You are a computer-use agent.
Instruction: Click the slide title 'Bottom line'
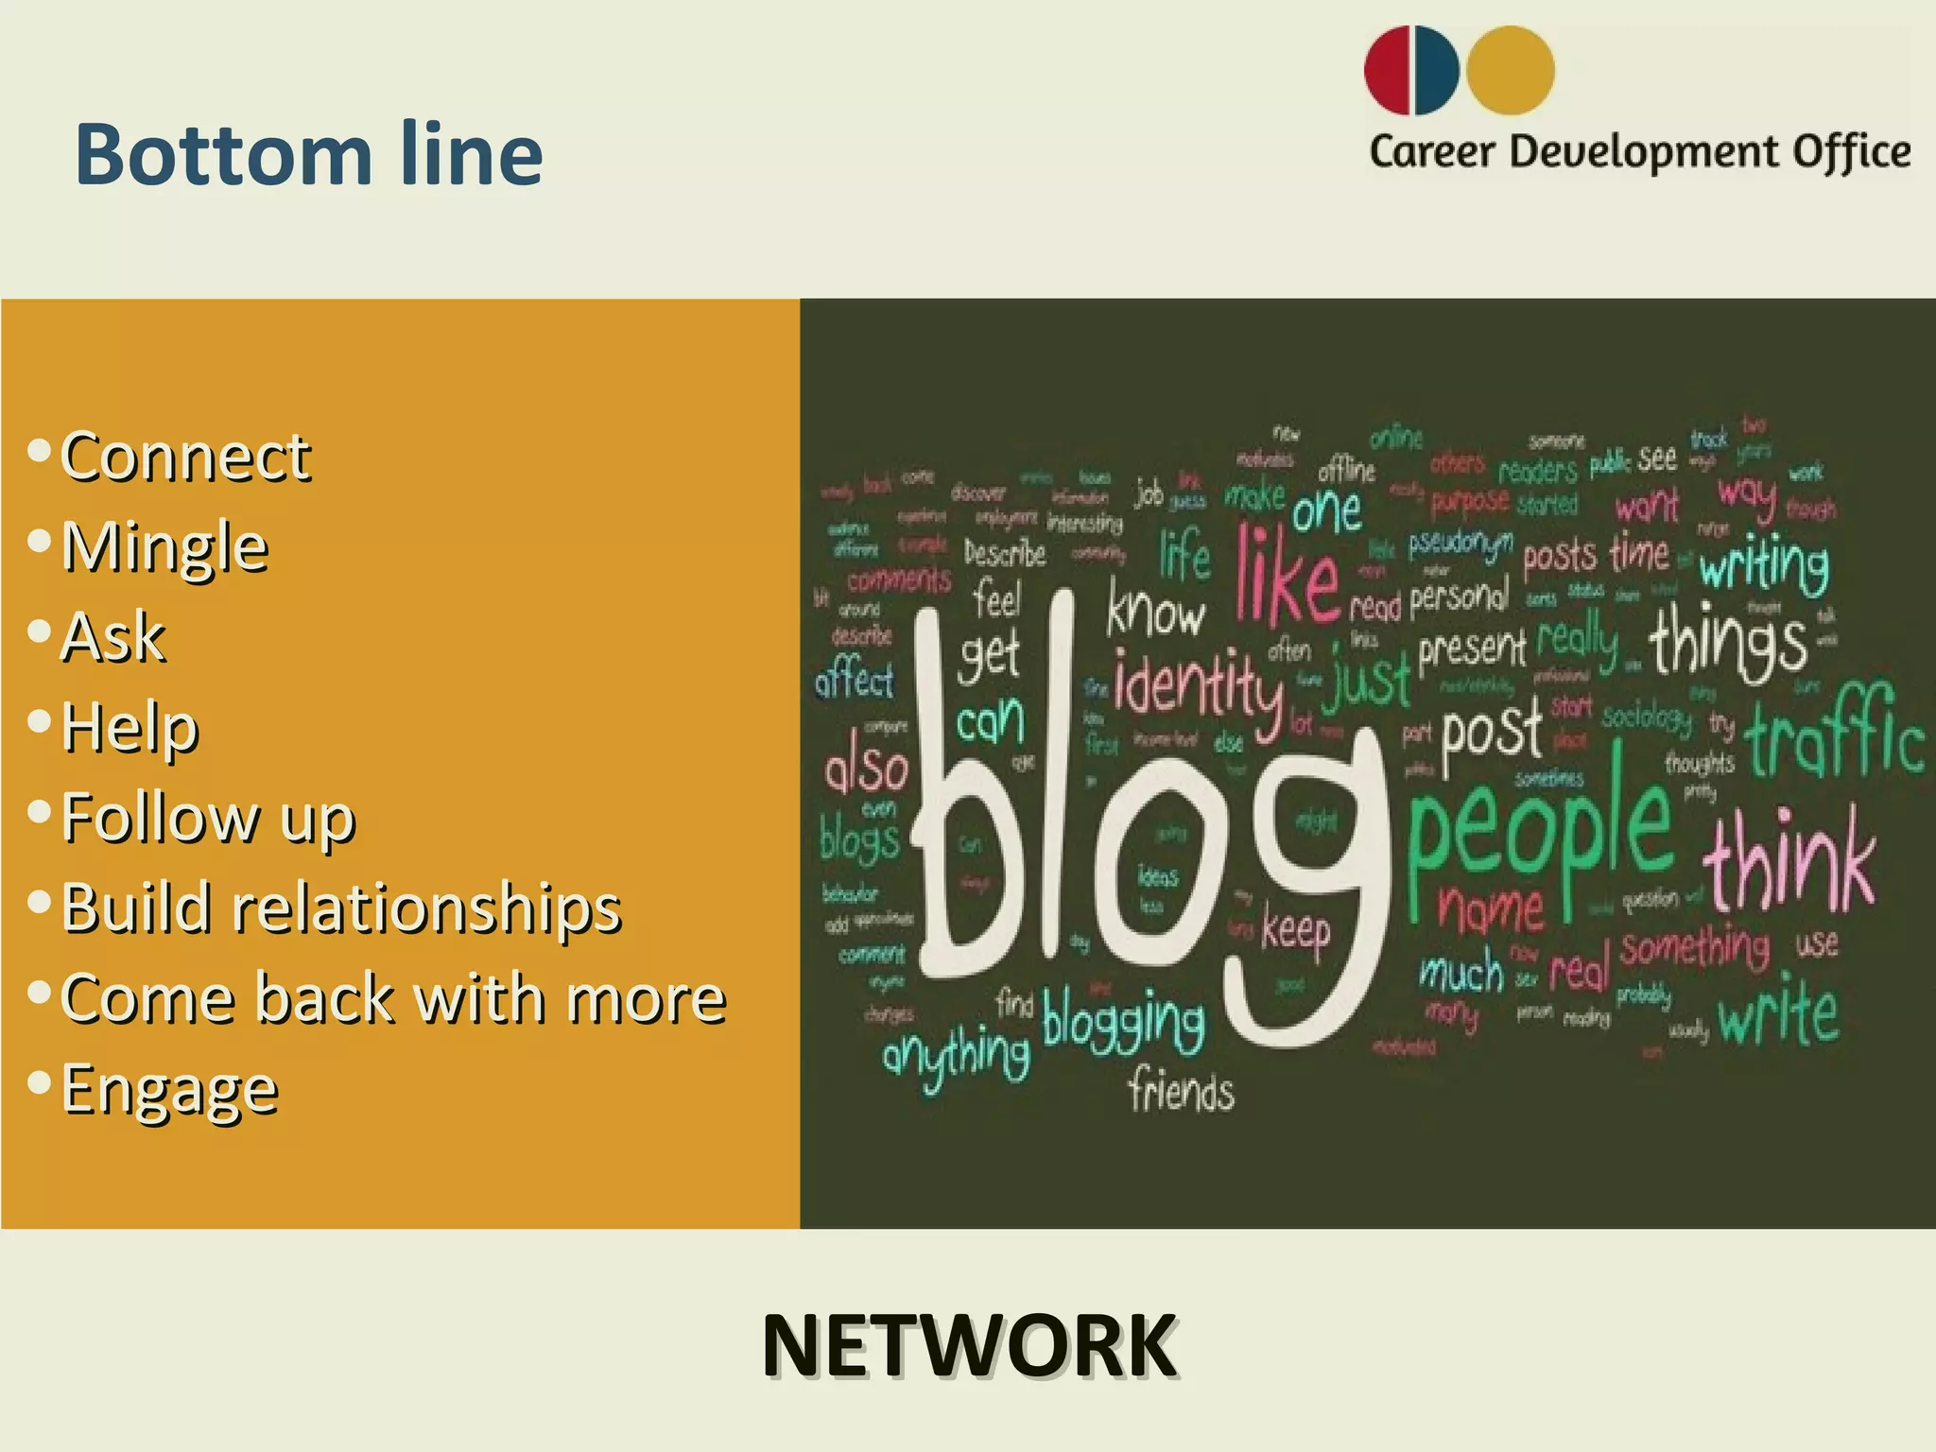[x=309, y=153]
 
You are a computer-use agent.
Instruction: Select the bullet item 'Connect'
[x=185, y=457]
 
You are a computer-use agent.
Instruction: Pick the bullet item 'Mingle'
[x=164, y=546]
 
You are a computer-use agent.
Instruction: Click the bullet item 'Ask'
[x=113, y=636]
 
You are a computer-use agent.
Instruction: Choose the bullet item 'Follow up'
[x=208, y=818]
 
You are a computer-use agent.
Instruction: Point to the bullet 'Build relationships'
[x=340, y=908]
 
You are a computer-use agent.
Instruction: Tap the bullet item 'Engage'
[x=169, y=1089]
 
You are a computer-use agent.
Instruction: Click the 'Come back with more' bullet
[x=393, y=999]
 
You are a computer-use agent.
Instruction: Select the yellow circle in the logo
[x=1510, y=71]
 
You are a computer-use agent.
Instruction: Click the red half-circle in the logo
[x=1387, y=71]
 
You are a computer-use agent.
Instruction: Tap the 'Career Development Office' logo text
[x=1640, y=152]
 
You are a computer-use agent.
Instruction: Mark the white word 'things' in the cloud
[x=1728, y=641]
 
